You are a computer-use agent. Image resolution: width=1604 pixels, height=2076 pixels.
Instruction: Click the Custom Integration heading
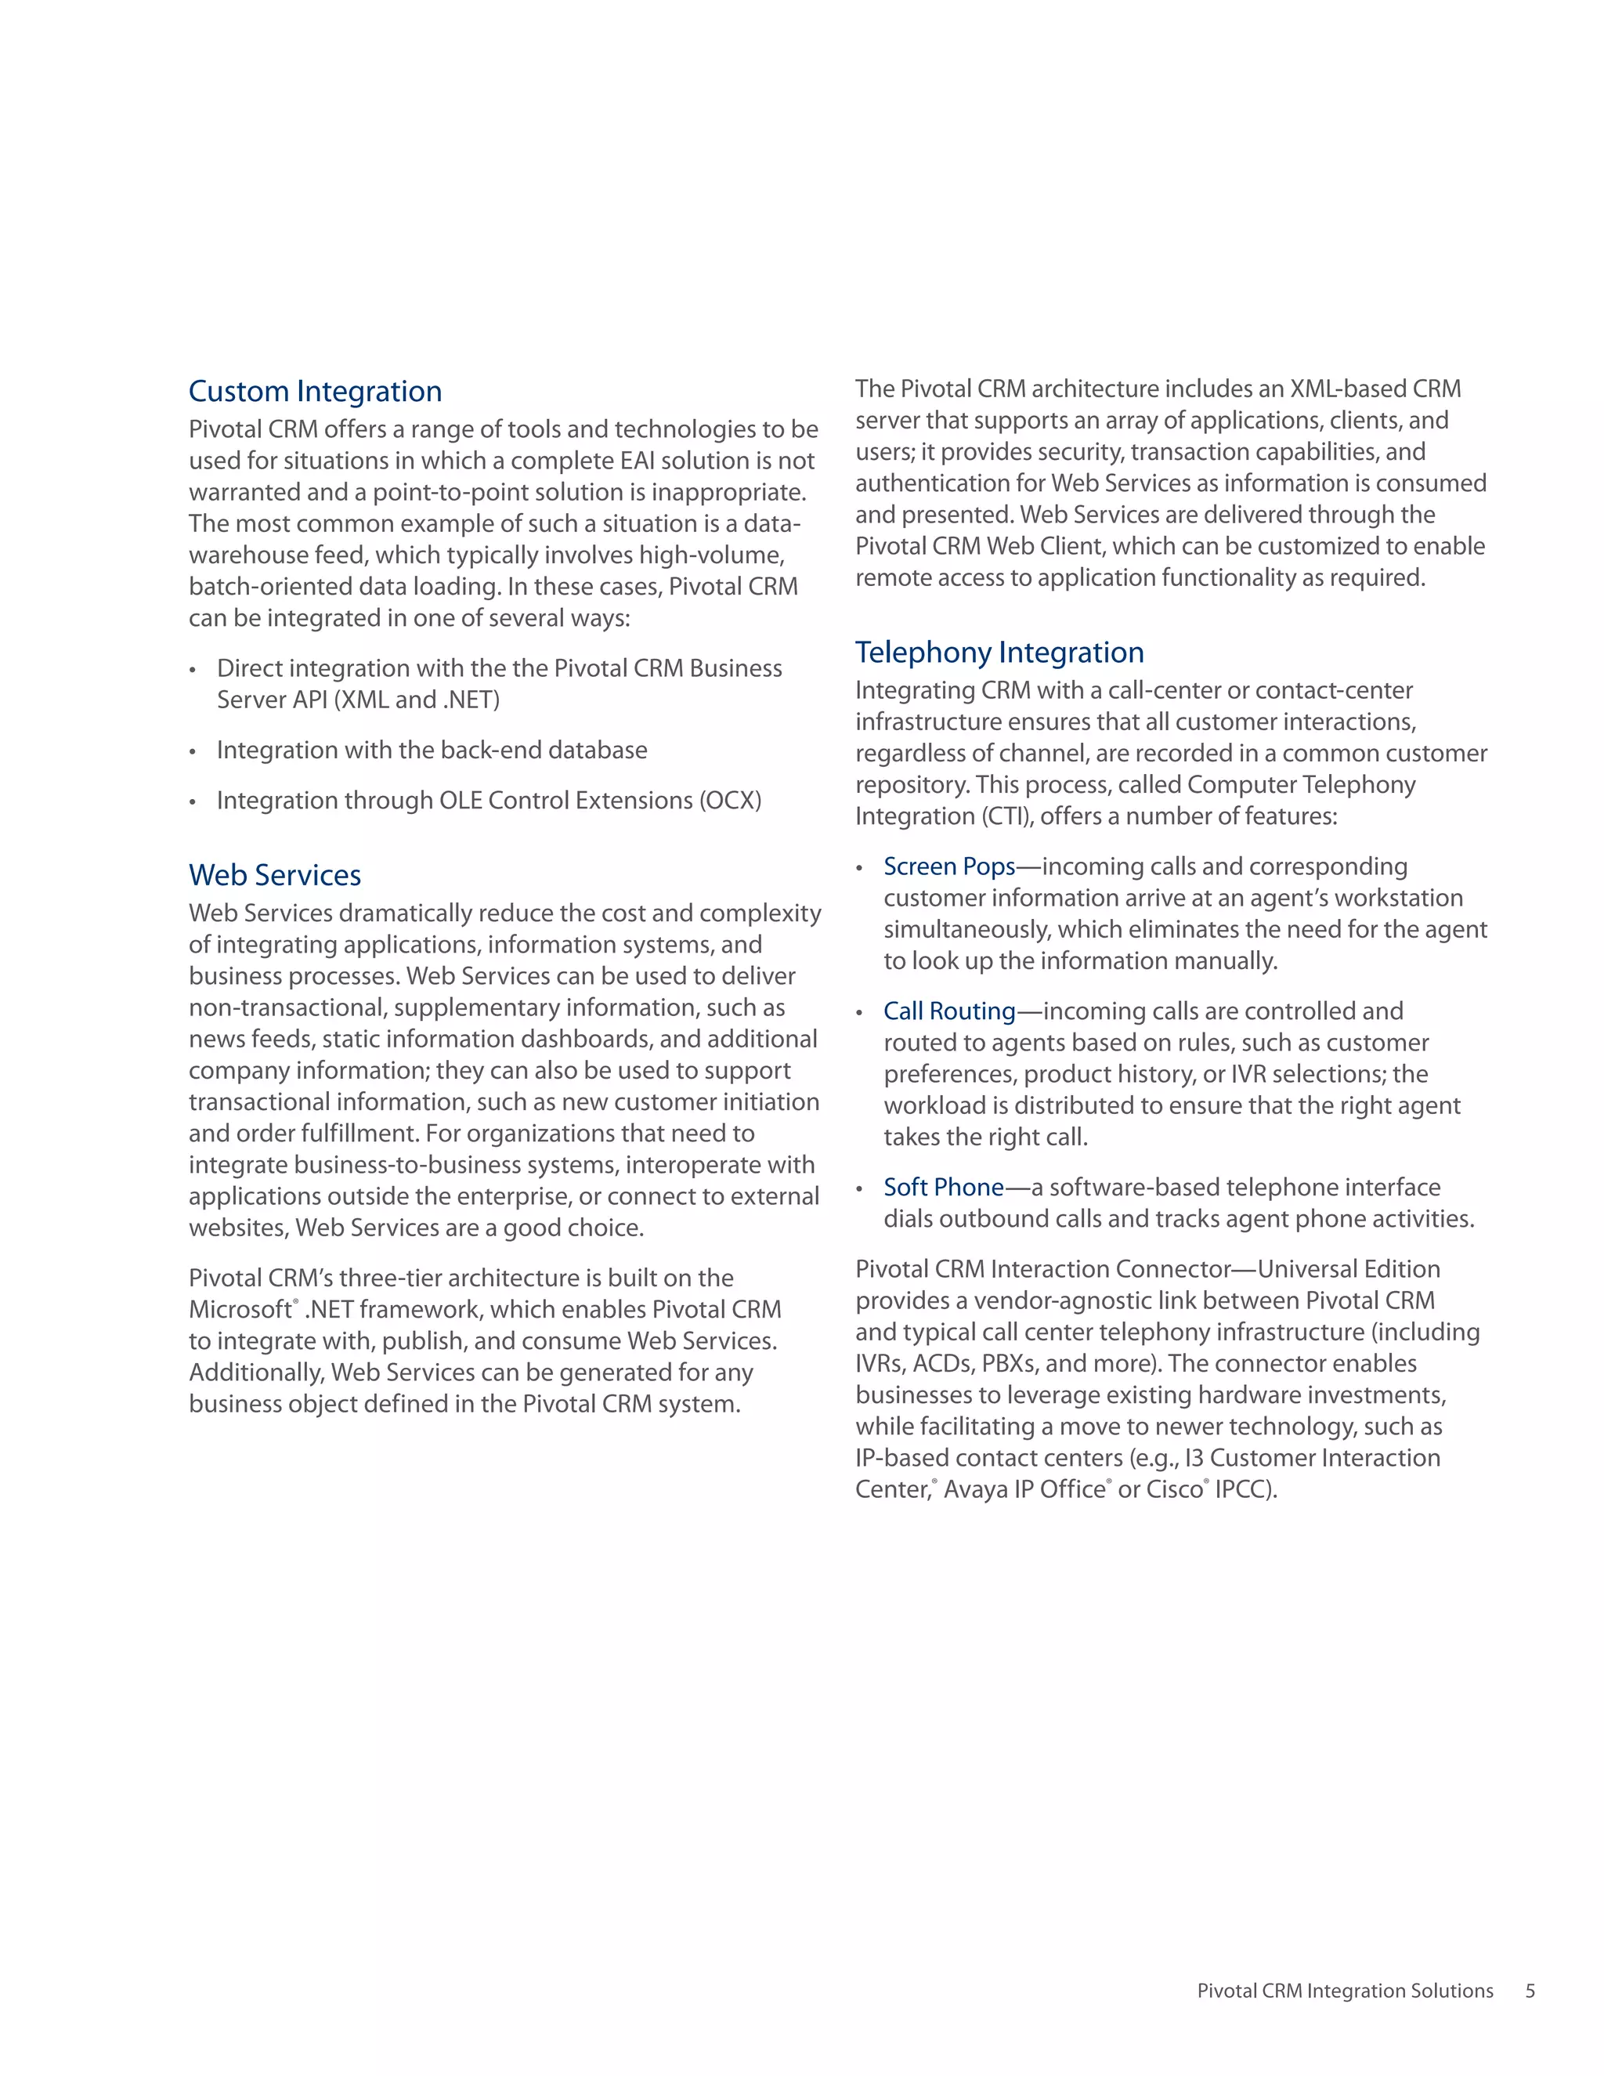pos(315,391)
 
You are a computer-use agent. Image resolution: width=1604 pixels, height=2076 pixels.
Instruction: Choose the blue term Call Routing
pos(949,1011)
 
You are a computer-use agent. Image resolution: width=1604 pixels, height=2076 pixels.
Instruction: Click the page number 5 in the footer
pos(1530,1991)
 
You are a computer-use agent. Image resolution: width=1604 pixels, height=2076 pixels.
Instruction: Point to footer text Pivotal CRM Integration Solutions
pos(1345,1991)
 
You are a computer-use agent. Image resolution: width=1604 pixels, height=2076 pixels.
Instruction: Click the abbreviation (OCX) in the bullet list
pos(730,801)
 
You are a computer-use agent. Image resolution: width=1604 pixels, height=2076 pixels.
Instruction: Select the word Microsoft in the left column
pos(240,1310)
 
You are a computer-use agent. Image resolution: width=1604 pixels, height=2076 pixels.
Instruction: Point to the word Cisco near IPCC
pos(1175,1489)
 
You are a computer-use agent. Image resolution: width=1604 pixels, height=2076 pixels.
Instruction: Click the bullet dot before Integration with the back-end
pos(193,752)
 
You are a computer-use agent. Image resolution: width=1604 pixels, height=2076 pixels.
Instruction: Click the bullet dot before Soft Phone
pos(859,1189)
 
